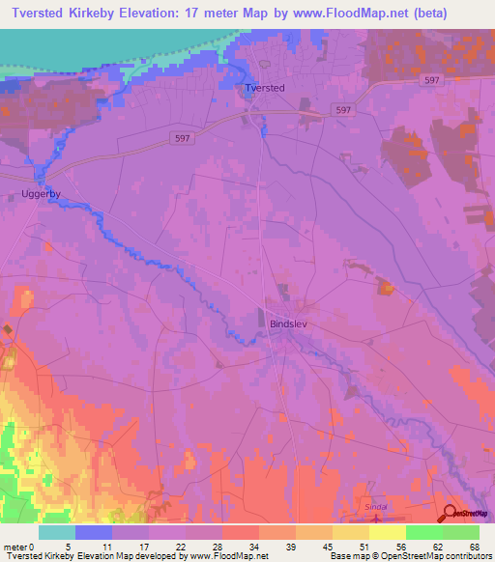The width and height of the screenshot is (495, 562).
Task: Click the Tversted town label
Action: [265, 88]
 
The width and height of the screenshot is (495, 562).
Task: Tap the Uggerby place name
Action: [41, 194]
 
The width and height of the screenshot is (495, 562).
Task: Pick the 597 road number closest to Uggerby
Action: [183, 138]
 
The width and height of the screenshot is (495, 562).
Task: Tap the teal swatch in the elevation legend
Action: [56, 532]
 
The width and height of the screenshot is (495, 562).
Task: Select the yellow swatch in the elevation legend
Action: [387, 532]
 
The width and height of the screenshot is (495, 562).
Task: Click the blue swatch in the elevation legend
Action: [93, 532]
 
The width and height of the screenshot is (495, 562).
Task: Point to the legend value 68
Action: [473, 546]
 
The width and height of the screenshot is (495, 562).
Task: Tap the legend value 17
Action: [141, 546]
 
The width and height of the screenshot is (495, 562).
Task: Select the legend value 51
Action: [363, 546]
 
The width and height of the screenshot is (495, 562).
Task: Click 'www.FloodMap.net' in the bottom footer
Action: [229, 556]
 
